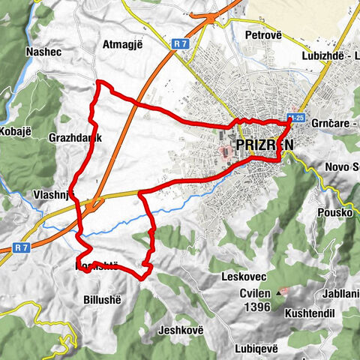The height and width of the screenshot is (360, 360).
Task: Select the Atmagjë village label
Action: click(124, 44)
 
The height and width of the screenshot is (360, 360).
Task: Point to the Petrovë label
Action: click(268, 34)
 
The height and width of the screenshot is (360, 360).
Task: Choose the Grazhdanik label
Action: click(73, 139)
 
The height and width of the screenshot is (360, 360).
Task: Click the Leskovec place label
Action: click(240, 277)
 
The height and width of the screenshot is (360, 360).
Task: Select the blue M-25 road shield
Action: click(296, 118)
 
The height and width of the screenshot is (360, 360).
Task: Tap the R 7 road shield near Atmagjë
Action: click(178, 44)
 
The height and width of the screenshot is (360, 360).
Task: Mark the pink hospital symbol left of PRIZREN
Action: click(223, 155)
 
